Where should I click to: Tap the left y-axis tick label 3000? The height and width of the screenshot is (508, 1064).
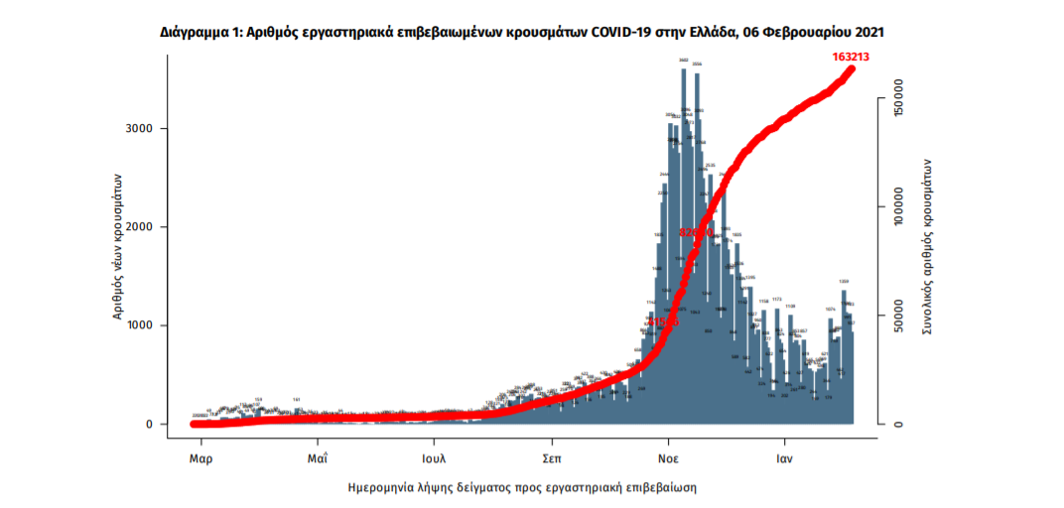(139, 129)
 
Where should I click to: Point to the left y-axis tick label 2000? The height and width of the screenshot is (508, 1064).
(139, 227)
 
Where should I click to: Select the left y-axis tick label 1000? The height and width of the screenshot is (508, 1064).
(139, 325)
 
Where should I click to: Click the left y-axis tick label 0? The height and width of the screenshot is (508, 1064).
(150, 425)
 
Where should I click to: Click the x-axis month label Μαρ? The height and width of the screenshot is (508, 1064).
(201, 460)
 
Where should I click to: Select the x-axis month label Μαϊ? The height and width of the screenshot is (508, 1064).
(318, 460)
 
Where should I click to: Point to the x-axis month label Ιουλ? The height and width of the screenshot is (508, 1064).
(434, 460)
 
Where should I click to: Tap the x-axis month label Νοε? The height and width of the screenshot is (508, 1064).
(668, 460)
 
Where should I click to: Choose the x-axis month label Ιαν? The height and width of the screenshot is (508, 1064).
(784, 460)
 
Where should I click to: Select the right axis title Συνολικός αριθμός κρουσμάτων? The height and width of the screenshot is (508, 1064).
(928, 246)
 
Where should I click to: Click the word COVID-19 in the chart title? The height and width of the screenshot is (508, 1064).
(622, 33)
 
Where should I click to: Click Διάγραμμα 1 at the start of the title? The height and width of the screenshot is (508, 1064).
(199, 33)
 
